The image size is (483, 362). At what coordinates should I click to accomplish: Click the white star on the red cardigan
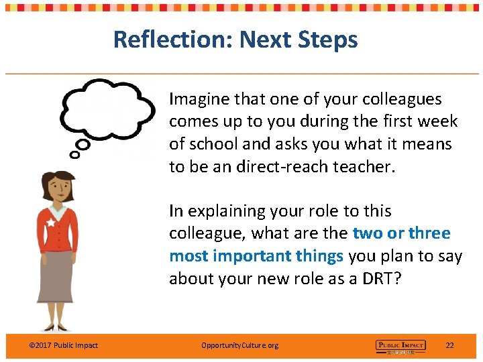tap(50, 222)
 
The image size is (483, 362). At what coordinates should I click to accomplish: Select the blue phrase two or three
tap(401, 233)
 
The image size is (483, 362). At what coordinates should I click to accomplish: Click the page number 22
tap(449, 345)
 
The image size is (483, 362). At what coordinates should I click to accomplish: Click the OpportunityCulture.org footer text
tap(239, 345)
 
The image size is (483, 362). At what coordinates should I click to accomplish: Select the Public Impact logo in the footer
tap(400, 346)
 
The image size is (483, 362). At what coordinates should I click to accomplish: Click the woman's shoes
tap(58, 326)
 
